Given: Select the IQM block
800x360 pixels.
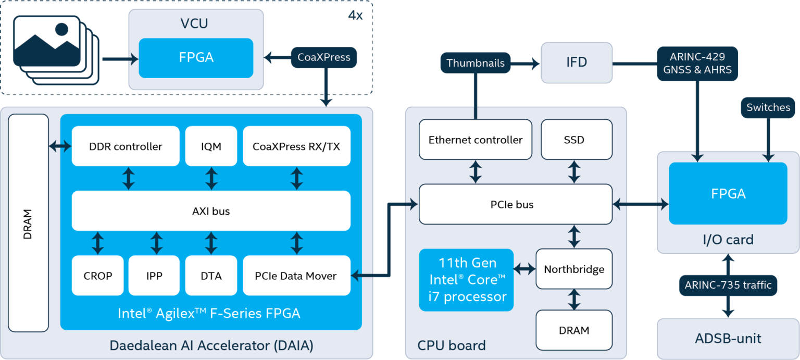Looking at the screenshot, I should click(x=211, y=146).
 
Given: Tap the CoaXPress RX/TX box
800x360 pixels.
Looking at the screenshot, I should click(x=296, y=146).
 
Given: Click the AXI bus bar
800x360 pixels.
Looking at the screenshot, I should click(x=211, y=211).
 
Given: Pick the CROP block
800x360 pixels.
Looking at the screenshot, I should click(x=98, y=276).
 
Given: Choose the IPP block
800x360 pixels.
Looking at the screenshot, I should click(x=154, y=276).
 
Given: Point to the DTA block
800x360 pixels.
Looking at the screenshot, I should click(x=211, y=276).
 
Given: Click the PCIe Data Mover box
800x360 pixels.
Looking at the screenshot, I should click(x=296, y=276).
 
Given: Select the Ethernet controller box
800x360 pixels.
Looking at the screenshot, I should click(x=475, y=140).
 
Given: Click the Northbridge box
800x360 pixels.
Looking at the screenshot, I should click(x=574, y=269).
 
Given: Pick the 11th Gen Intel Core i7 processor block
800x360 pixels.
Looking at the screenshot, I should click(x=466, y=280).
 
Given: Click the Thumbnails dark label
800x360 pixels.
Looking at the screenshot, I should click(x=476, y=63).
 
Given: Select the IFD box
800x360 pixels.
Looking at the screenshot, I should click(x=577, y=63).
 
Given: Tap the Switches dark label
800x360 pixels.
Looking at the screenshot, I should click(x=768, y=107).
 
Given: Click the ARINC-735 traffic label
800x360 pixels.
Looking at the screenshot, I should click(x=728, y=285).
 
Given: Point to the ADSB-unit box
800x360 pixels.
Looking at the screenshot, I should click(x=728, y=338).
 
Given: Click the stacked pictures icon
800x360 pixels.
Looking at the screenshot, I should click(x=55, y=49).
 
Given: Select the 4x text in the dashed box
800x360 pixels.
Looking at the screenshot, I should click(x=355, y=15).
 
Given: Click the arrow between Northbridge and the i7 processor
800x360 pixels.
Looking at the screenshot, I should click(x=524, y=269).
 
